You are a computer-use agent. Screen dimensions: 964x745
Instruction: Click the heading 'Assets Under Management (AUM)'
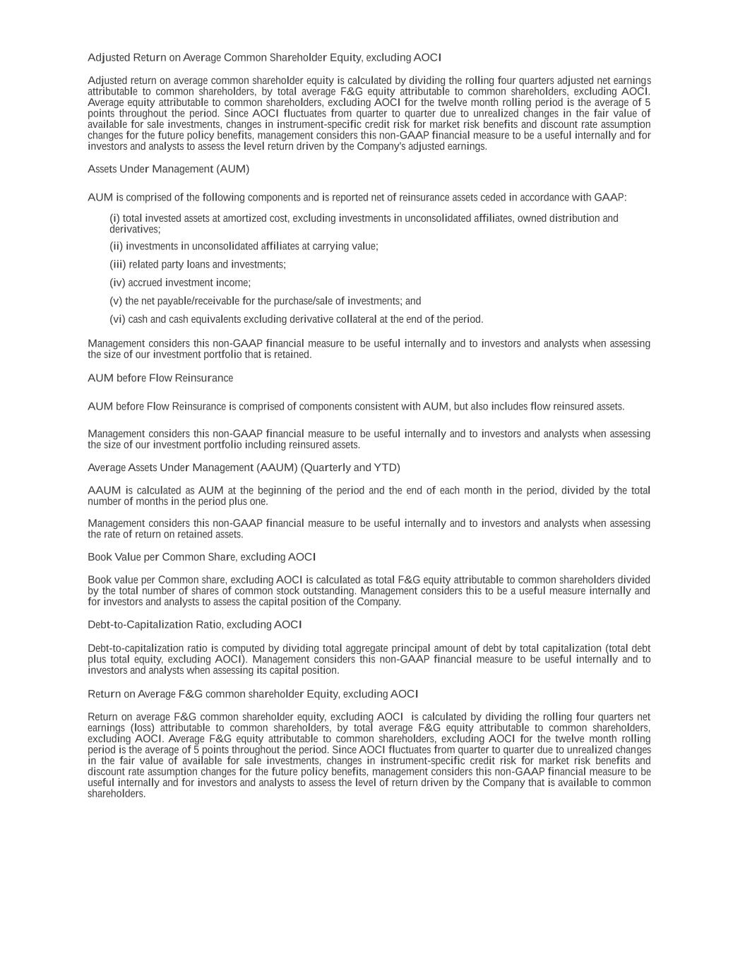(168, 169)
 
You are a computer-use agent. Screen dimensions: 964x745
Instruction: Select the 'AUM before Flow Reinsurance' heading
(160, 379)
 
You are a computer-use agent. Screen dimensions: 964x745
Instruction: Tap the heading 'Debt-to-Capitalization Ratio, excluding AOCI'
(194, 625)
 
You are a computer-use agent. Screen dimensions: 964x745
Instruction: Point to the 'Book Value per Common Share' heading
(201, 557)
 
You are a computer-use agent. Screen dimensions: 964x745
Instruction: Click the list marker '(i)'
(114, 218)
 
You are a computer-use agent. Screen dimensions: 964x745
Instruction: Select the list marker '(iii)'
(118, 265)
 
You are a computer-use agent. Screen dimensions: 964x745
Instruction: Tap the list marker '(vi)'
(117, 319)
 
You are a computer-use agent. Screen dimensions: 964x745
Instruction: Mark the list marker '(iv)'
(117, 283)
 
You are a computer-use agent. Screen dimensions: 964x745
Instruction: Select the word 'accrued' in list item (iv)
(145, 283)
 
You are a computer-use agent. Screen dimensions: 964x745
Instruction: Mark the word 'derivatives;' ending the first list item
(135, 230)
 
